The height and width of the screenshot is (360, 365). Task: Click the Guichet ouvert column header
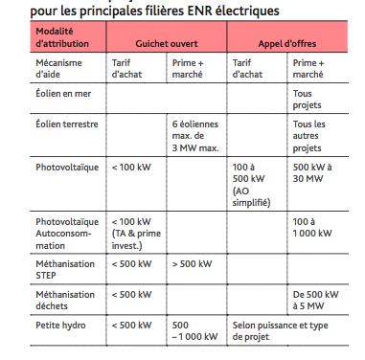point(166,44)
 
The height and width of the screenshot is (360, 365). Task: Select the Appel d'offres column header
point(287,44)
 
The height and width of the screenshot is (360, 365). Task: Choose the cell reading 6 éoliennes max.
point(197,135)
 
